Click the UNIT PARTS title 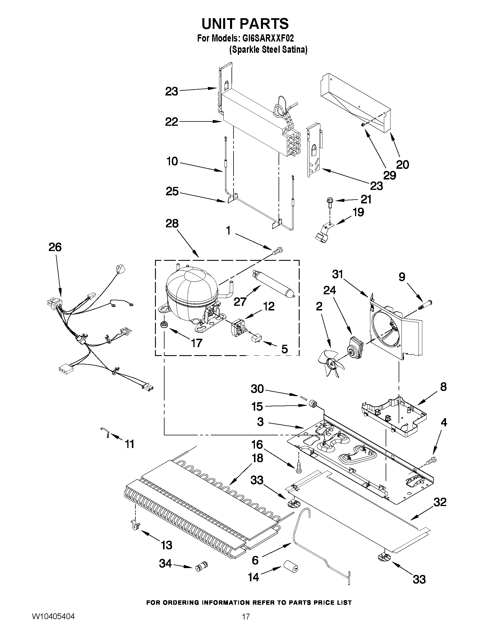pos(245,24)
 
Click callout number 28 pos(172,224)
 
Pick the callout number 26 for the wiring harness pos(55,247)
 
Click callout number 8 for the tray pos(443,387)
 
